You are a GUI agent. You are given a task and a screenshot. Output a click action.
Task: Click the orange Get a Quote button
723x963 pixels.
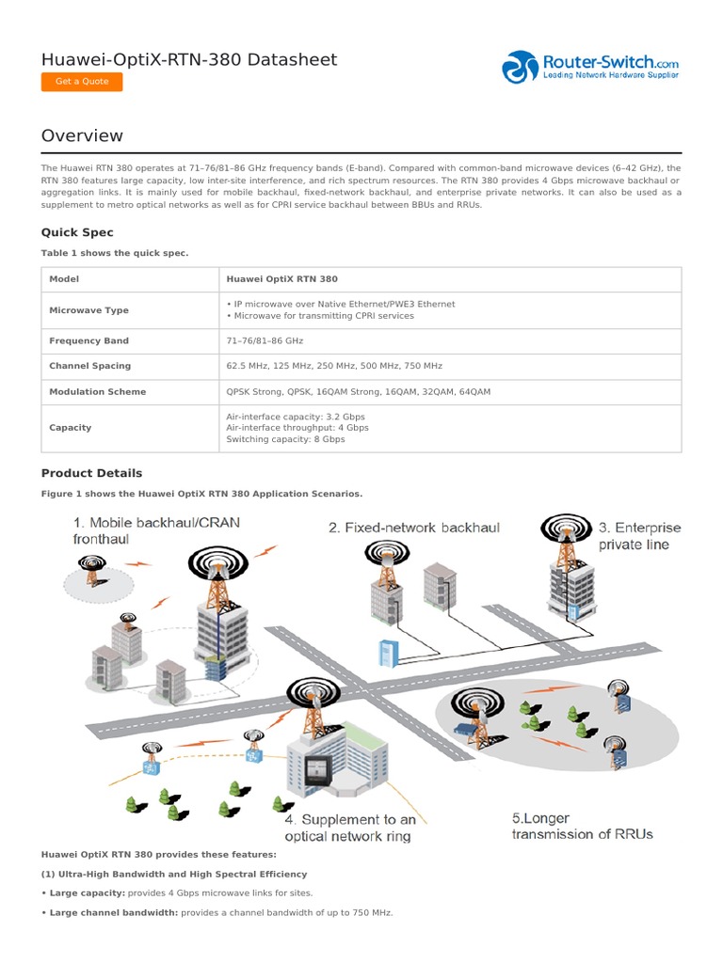click(82, 82)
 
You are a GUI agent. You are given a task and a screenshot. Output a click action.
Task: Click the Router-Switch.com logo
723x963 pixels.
click(590, 67)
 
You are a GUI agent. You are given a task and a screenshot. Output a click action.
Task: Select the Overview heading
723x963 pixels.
click(82, 135)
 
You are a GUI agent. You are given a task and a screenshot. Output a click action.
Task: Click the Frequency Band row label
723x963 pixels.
click(88, 341)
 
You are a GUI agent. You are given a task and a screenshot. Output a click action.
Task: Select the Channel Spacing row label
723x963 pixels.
click(89, 366)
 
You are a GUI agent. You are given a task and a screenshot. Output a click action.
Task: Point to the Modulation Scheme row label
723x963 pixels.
click(98, 391)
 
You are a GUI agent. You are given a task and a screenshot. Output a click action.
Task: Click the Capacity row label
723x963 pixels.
click(71, 428)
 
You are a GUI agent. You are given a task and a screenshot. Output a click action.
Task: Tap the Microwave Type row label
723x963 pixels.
click(88, 310)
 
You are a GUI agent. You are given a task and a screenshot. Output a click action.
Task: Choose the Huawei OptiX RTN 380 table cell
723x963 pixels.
click(281, 279)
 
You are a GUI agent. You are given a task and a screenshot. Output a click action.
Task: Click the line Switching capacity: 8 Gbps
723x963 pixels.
click(285, 439)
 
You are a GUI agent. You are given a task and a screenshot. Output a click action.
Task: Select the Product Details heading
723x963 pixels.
click(91, 473)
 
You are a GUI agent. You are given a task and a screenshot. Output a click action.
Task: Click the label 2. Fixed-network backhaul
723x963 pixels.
click(413, 528)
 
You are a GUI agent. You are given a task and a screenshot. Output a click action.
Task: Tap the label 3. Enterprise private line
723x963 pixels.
click(639, 535)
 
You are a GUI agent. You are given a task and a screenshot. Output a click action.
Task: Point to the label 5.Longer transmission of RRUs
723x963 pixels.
click(582, 826)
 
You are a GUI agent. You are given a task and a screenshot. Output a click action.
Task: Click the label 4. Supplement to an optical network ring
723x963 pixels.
click(350, 828)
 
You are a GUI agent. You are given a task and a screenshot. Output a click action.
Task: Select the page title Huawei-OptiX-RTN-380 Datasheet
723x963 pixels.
click(189, 60)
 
